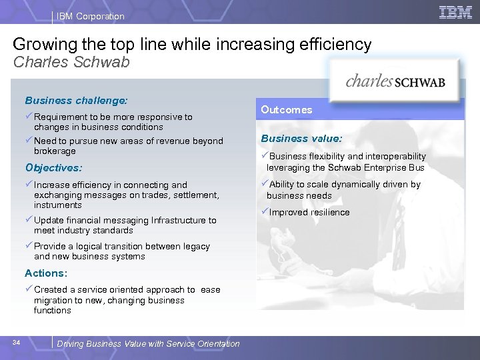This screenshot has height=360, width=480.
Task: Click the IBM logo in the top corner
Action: click(456, 12)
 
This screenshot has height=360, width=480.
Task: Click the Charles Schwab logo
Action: click(395, 81)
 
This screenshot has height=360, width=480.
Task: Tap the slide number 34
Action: click(17, 343)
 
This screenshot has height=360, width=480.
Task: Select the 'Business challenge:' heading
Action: click(76, 101)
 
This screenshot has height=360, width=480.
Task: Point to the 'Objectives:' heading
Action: click(53, 168)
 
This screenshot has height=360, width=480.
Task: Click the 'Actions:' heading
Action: click(47, 273)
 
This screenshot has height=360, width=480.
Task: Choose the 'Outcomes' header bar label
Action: click(286, 109)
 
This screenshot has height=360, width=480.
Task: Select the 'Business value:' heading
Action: click(301, 139)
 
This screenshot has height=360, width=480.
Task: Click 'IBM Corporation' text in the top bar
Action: click(91, 16)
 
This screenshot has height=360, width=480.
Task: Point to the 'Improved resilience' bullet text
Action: click(309, 213)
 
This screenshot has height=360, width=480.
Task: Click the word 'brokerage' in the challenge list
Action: click(55, 151)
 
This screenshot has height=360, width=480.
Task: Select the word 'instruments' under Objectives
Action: click(58, 205)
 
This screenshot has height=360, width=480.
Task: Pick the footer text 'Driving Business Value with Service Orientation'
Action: click(149, 344)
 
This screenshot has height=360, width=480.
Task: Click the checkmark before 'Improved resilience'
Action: click(265, 212)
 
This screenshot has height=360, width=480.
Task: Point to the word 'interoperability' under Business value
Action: click(394, 157)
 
